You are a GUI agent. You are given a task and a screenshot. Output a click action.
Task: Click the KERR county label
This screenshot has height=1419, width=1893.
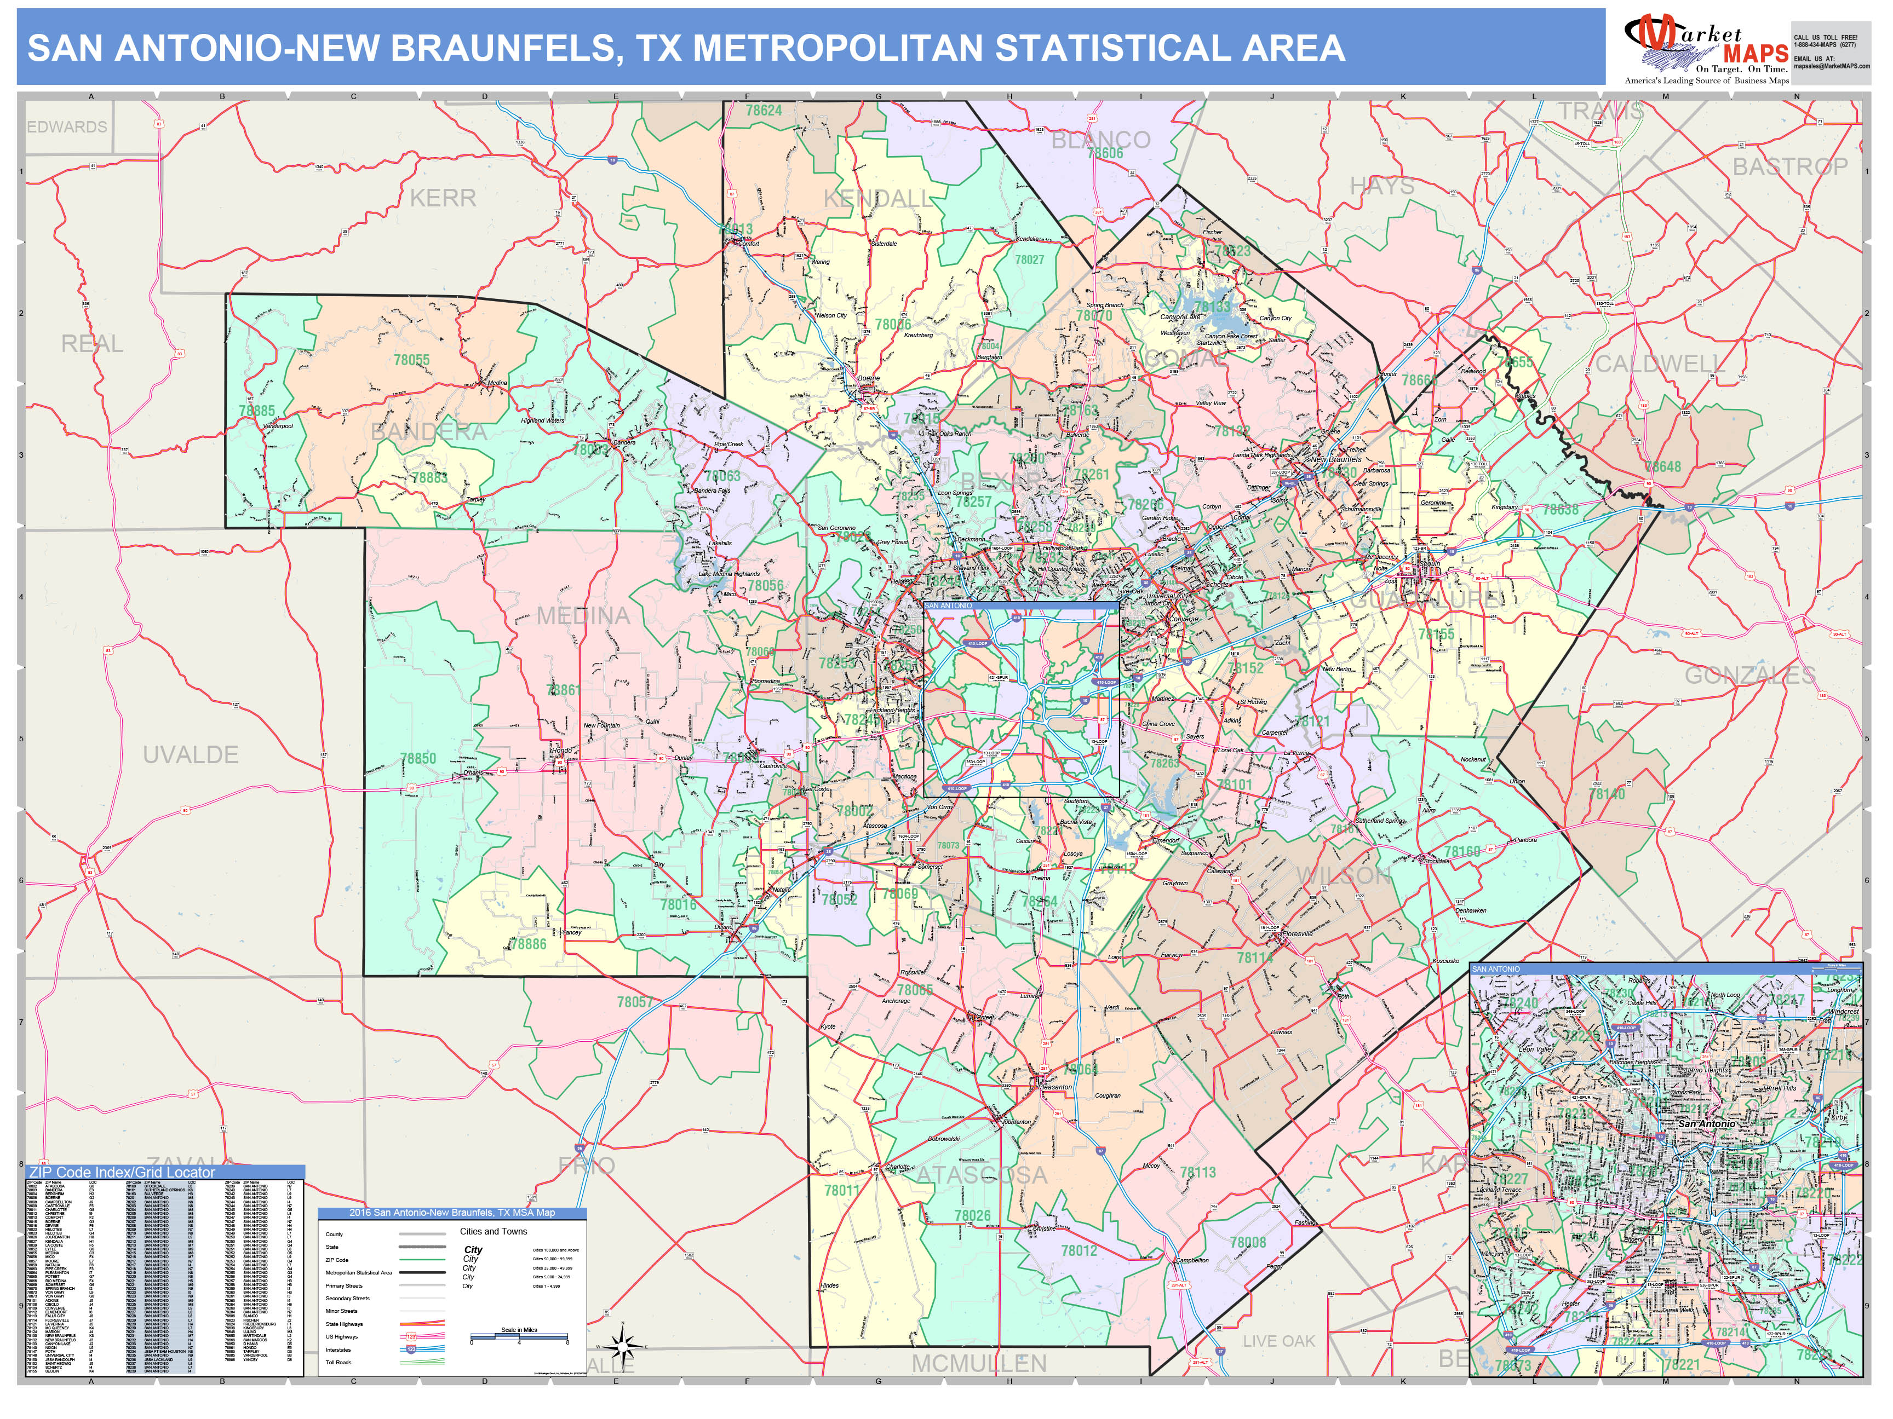click(443, 198)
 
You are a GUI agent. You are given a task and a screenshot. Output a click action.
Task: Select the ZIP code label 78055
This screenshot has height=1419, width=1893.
click(412, 360)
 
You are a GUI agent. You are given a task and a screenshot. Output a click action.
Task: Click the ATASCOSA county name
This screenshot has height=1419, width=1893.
click(982, 1175)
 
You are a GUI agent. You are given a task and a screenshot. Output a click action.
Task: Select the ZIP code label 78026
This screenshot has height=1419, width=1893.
click(972, 1215)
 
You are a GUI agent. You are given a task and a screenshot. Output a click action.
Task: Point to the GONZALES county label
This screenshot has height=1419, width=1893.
click(1750, 676)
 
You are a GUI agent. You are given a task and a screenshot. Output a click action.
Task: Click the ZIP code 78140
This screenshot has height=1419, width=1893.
click(1607, 794)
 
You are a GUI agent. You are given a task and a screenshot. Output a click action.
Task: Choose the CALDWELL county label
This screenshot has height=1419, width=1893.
click(1659, 365)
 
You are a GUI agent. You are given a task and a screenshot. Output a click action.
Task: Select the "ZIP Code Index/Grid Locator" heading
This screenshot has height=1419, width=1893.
click(122, 1172)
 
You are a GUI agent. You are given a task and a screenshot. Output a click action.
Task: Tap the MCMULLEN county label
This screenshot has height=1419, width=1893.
click(978, 1363)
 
